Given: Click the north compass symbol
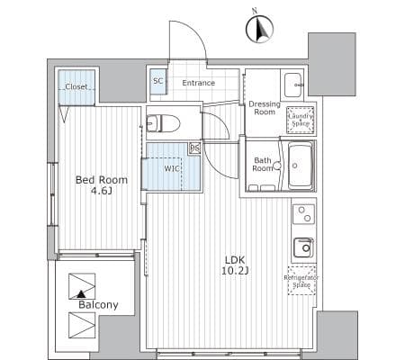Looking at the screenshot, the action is click(259, 29).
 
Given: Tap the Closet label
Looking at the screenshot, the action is click(76, 86).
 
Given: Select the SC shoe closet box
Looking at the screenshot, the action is click(157, 82).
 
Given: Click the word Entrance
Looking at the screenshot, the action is click(199, 83).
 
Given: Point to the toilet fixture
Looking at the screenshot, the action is click(163, 123).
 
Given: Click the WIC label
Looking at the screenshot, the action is click(172, 168).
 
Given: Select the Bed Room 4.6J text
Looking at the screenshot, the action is click(102, 184).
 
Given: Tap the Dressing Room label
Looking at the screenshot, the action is click(265, 108).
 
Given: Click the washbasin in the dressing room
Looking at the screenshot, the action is click(293, 85).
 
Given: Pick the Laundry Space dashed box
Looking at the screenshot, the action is click(301, 120).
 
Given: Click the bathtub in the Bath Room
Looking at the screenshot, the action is click(300, 166).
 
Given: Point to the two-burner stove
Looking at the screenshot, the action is click(303, 214).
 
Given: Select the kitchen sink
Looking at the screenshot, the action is click(303, 247).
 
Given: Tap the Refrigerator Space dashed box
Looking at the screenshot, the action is click(301, 281).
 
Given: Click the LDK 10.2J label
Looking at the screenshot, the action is click(235, 265).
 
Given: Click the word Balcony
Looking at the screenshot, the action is click(98, 305).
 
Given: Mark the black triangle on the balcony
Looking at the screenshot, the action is click(80, 294).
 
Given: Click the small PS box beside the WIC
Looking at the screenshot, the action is click(195, 148).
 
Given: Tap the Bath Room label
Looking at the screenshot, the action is click(262, 165).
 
